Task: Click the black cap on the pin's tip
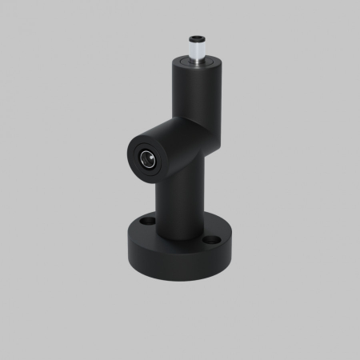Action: coord(195,38)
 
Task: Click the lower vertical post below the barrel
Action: coord(177,200)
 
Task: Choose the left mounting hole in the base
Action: coord(146,218)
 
